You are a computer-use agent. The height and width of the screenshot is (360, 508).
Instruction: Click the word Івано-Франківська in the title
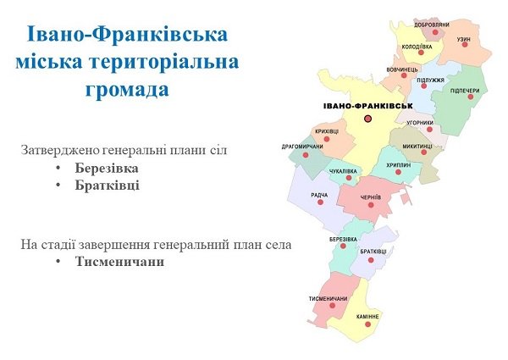click(x=127, y=35)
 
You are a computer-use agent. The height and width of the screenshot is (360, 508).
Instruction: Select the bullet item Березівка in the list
click(x=107, y=169)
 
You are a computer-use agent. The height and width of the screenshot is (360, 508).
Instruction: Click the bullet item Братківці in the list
click(x=108, y=186)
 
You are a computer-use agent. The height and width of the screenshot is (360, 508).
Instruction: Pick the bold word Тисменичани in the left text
click(x=119, y=262)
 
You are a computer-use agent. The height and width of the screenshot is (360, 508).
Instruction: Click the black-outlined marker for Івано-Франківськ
click(x=367, y=119)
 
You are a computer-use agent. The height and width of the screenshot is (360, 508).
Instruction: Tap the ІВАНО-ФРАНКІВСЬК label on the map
click(x=368, y=106)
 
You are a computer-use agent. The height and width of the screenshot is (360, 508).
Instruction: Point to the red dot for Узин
click(x=465, y=45)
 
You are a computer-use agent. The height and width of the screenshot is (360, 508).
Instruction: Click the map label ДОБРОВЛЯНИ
click(x=432, y=25)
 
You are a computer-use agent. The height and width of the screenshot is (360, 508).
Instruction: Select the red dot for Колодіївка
click(x=421, y=53)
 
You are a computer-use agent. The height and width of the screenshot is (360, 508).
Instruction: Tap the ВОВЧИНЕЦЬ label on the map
click(x=402, y=69)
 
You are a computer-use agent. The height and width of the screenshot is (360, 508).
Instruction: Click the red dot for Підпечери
click(x=471, y=97)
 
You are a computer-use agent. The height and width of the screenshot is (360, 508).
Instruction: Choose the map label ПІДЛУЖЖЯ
click(x=431, y=80)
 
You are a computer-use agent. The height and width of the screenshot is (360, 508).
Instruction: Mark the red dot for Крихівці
click(x=327, y=139)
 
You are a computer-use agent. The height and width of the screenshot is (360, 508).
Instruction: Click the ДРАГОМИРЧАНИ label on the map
click(x=302, y=147)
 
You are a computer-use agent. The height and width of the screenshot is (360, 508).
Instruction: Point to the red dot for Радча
click(x=320, y=202)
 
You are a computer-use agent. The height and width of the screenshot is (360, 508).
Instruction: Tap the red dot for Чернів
click(x=371, y=205)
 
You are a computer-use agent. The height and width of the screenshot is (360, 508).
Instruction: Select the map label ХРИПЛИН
click(x=399, y=165)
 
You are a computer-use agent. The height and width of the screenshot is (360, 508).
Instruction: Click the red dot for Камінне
click(x=367, y=324)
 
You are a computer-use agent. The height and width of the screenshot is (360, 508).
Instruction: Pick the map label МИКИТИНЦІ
click(x=417, y=147)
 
